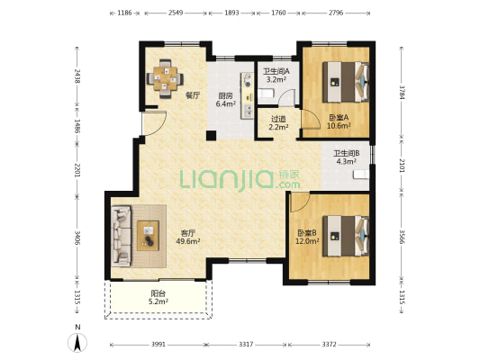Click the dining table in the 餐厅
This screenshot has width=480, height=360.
[166, 78]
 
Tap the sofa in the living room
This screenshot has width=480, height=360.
[122, 236]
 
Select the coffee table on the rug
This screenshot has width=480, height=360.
[148, 236]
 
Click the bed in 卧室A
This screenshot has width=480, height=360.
[346, 82]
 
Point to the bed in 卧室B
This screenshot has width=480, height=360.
[346, 236]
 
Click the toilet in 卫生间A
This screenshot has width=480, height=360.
[266, 93]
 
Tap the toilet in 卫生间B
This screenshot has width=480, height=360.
[361, 175]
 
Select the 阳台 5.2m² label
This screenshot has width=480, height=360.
[158, 298]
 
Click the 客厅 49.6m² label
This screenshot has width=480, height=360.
[188, 237]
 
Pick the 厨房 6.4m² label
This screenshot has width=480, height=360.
[226, 100]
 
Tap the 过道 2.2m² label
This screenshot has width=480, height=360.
[278, 122]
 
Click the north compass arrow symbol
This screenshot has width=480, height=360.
[77, 343]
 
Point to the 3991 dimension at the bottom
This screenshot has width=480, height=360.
[158, 345]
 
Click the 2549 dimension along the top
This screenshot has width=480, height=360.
[176, 13]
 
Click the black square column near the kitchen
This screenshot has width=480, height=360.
[211, 136]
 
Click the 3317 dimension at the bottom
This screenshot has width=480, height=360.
[246, 345]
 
